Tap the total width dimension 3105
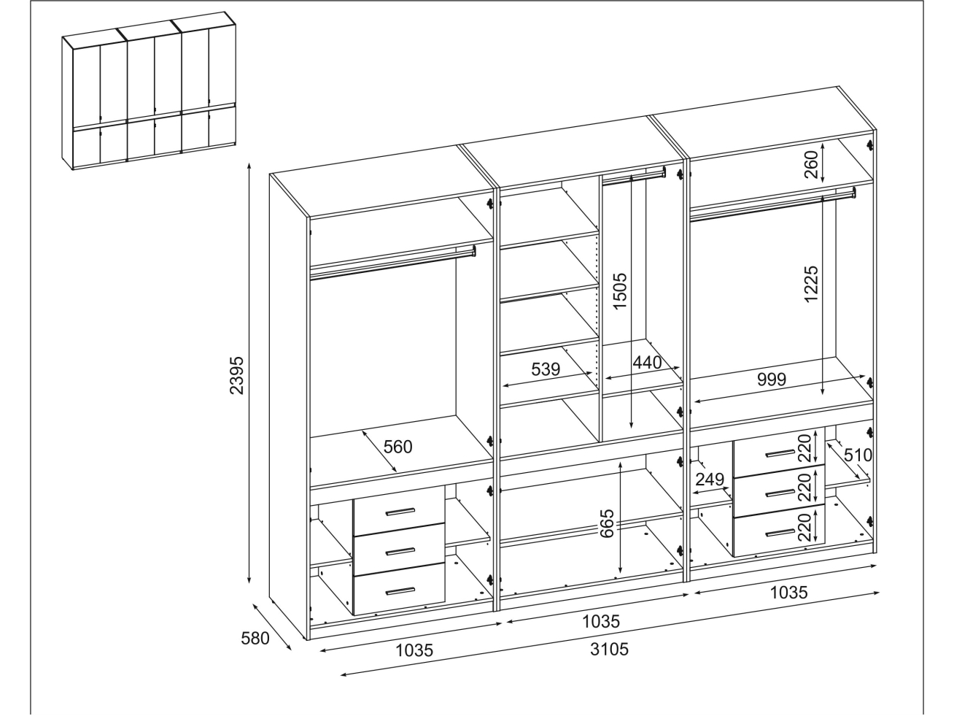pos(609,649)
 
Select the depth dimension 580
pos(255,638)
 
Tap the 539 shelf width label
pos(545,369)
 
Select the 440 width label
pos(646,362)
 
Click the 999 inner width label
pos(770,379)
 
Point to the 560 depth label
pos(398,446)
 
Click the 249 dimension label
pos(709,480)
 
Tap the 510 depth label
pos(858,455)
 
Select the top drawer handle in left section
pos(399,511)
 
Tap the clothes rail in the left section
pos(392,263)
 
